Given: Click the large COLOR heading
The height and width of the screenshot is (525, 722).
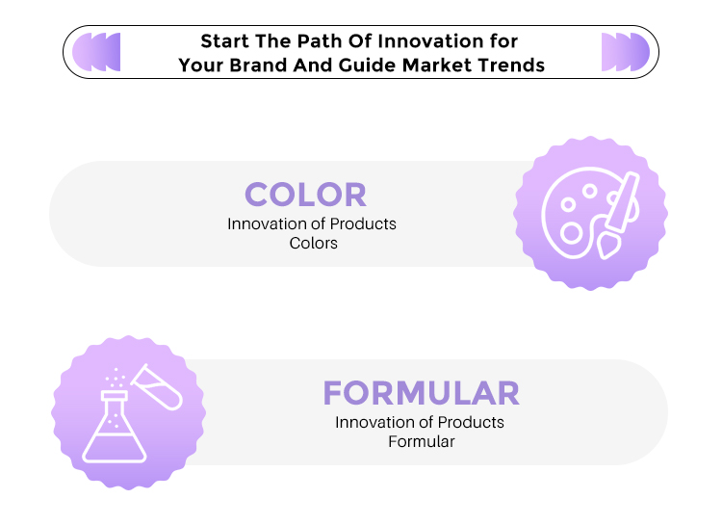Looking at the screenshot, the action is click(x=306, y=195).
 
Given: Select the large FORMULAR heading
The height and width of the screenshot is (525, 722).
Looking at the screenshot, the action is click(x=422, y=393).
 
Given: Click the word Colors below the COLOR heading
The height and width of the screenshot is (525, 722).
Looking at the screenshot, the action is click(x=314, y=244).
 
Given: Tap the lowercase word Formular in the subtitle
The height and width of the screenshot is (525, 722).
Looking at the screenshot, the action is click(x=422, y=441).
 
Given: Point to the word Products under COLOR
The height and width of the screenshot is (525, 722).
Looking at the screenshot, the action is click(x=363, y=224).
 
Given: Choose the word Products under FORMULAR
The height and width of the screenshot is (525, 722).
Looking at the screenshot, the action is click(x=471, y=422).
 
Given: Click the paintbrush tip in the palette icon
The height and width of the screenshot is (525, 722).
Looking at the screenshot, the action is click(x=607, y=247).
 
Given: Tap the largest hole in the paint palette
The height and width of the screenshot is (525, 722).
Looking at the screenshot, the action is click(x=572, y=233).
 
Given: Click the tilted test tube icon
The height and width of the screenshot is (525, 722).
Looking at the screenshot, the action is click(x=158, y=386).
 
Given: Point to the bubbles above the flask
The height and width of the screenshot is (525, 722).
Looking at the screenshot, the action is click(x=116, y=378).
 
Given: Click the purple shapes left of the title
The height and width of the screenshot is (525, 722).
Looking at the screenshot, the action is click(x=96, y=52).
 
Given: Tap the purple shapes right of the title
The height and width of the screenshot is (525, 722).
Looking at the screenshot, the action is click(x=626, y=52).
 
